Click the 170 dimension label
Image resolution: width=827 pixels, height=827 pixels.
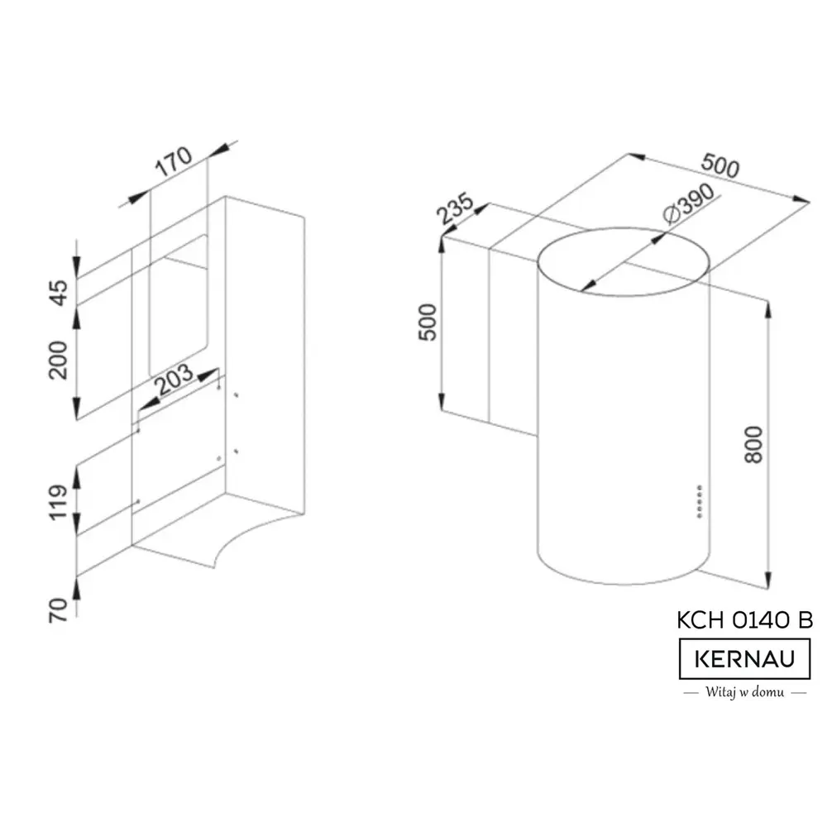pyautogui.click(x=174, y=161)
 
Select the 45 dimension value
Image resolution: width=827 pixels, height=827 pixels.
pyautogui.click(x=59, y=293)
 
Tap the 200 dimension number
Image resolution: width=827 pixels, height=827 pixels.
pyautogui.click(x=58, y=361)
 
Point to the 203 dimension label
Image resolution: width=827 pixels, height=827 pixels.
pyautogui.click(x=175, y=380)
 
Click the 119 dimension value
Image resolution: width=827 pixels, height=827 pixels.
pyautogui.click(x=58, y=503)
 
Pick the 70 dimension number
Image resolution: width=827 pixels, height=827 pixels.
pyautogui.click(x=58, y=610)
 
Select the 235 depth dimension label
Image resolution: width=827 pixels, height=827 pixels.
pyautogui.click(x=454, y=208)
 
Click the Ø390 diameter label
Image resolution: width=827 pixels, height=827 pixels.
pyautogui.click(x=689, y=203)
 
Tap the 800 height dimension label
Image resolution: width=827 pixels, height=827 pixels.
pyautogui.click(x=753, y=445)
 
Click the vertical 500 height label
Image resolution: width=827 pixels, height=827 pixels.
pyautogui.click(x=428, y=323)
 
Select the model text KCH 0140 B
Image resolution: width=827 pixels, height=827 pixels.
pyautogui.click(x=745, y=619)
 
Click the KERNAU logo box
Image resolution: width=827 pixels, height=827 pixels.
pyautogui.click(x=745, y=659)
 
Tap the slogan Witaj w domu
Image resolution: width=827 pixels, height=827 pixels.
pyautogui.click(x=745, y=692)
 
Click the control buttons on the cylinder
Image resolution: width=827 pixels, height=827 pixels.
pyautogui.click(x=700, y=502)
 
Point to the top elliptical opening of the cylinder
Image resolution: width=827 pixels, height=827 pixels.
pyautogui.click(x=624, y=228)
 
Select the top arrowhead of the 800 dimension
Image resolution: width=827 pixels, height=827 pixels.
pyautogui.click(x=768, y=311)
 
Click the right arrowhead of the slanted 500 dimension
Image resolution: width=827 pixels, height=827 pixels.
pyautogui.click(x=801, y=200)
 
